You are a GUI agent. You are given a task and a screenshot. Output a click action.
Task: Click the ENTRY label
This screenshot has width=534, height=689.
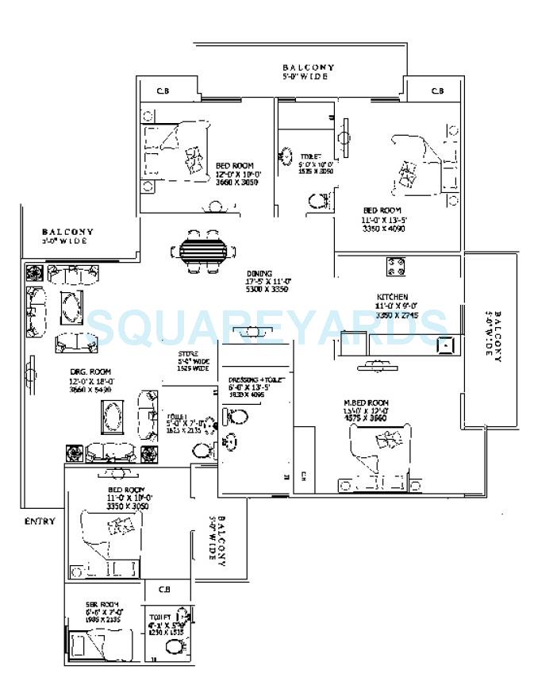click(40, 521)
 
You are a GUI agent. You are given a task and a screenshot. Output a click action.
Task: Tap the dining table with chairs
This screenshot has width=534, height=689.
click(203, 251)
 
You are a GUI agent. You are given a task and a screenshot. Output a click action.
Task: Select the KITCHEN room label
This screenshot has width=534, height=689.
click(392, 298)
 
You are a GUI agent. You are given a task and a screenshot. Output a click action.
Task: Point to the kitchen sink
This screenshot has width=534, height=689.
click(446, 344)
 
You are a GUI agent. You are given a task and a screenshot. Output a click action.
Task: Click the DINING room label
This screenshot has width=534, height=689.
click(259, 272)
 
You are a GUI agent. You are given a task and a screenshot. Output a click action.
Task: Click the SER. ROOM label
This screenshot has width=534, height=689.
click(102, 604)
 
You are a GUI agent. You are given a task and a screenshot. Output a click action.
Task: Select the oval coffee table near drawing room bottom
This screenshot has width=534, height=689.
click(113, 414)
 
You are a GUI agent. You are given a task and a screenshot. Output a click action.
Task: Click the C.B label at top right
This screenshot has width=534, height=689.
click(437, 90)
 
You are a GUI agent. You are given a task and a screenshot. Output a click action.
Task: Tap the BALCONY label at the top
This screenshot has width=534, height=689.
click(309, 67)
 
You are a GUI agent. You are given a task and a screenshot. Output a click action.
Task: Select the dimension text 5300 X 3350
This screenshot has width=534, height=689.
click(267, 289)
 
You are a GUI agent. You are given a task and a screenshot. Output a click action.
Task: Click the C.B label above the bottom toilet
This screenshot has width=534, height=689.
click(165, 590)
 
